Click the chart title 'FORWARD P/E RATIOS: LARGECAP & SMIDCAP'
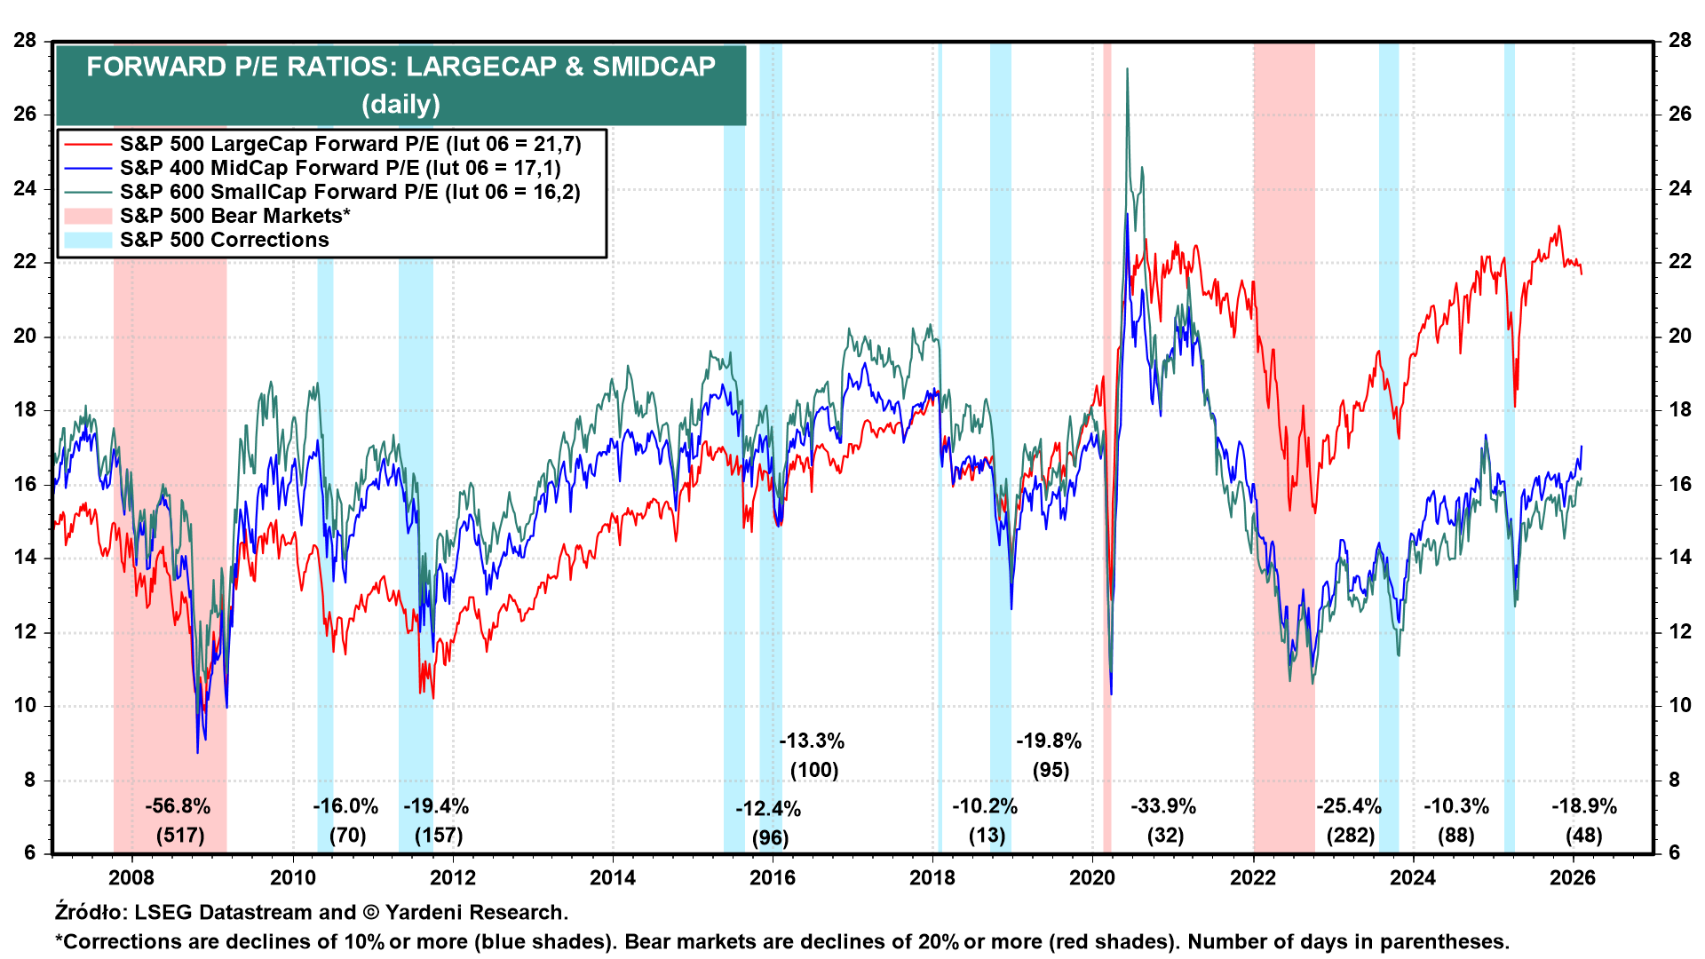[x=400, y=67]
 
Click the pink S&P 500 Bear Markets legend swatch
[x=88, y=217]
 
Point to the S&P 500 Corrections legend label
[x=224, y=241]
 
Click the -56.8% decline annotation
[x=178, y=806]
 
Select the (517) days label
[x=180, y=836]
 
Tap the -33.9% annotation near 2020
[x=1163, y=806]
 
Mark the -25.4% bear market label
[x=1349, y=806]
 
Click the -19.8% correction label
[x=1049, y=741]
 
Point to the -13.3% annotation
[x=812, y=741]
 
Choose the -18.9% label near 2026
[x=1584, y=806]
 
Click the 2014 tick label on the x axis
[x=613, y=878]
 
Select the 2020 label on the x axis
[x=1092, y=878]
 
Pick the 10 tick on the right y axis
[x=1679, y=706]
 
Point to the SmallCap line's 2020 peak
[x=1127, y=69]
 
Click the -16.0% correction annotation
[x=345, y=806]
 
